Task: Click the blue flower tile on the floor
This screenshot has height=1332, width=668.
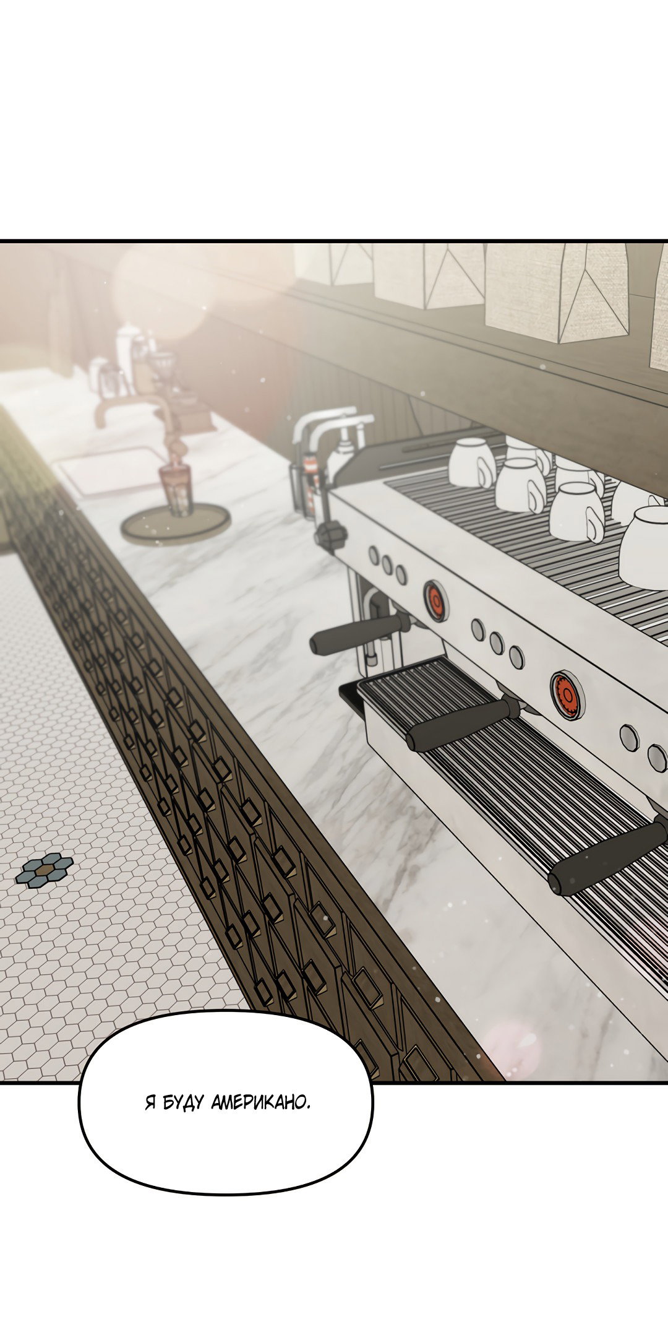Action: pos(44,870)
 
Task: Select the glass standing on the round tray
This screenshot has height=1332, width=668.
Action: pos(176,490)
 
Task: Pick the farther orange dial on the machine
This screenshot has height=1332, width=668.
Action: pos(435,599)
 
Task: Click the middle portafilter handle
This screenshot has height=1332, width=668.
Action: pos(461,724)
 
